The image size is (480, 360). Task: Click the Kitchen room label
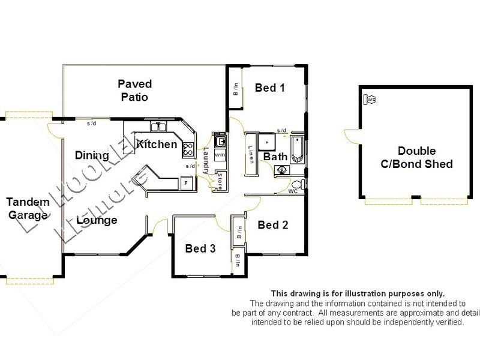pyautogui.click(x=157, y=144)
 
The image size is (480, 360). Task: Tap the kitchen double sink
pyautogui.click(x=158, y=127)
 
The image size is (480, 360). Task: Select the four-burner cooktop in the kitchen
pyautogui.click(x=188, y=148)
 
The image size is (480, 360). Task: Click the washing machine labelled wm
pyautogui.click(x=220, y=155)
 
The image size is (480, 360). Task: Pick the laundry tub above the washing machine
pyautogui.click(x=220, y=142)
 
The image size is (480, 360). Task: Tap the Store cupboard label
pyautogui.click(x=220, y=181)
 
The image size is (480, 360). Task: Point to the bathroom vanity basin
pyautogui.click(x=282, y=170)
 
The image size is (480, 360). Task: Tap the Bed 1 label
pyautogui.click(x=269, y=88)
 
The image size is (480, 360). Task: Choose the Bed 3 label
pyautogui.click(x=200, y=248)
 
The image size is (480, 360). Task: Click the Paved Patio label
pyautogui.click(x=134, y=90)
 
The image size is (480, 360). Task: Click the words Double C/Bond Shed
pyautogui.click(x=416, y=157)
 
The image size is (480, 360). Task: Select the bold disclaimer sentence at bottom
pyautogui.click(x=358, y=293)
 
